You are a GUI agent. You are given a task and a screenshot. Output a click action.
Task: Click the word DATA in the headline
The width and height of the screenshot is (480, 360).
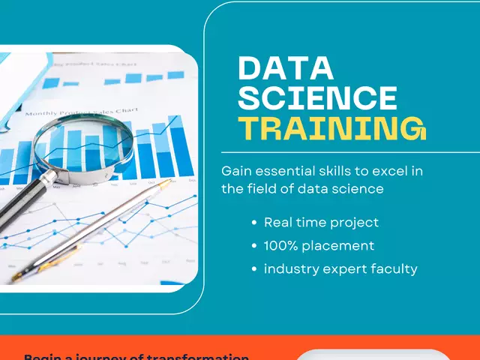(x=286, y=69)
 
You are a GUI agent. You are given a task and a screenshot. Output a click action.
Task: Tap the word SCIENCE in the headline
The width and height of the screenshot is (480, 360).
(x=317, y=98)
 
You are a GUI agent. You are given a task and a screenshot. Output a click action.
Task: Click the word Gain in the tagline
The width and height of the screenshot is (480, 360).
(x=236, y=171)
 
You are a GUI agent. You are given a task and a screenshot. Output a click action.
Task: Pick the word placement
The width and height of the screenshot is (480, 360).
(x=340, y=246)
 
